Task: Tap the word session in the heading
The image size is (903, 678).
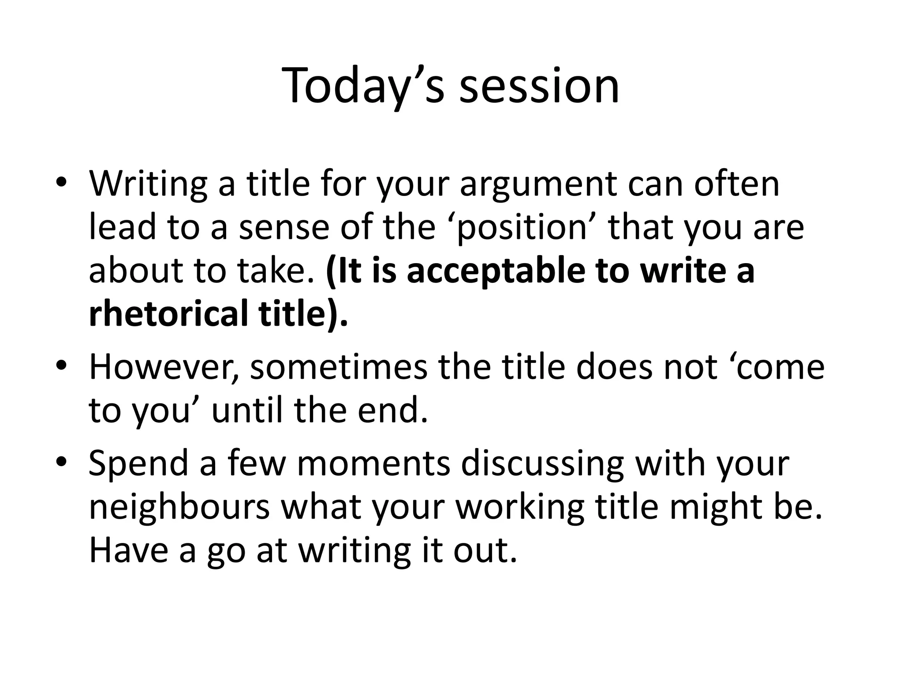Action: (539, 86)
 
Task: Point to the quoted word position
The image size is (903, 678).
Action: (522, 228)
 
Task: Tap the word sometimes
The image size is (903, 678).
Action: (339, 368)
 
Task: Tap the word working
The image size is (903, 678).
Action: (519, 507)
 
